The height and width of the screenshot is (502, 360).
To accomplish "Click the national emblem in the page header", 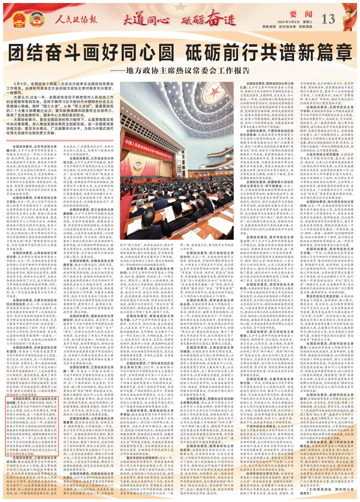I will [x=17, y=21].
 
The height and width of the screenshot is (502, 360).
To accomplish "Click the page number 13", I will [x=328, y=19].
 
